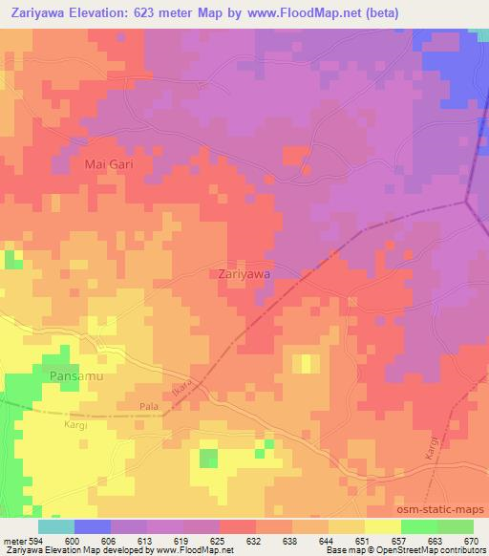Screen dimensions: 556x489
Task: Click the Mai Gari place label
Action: [108, 164]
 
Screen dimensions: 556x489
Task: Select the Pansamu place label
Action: [74, 376]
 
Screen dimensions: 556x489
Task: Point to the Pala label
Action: [149, 406]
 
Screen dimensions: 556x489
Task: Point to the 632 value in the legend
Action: [255, 541]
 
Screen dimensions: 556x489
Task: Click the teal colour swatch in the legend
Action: [56, 526]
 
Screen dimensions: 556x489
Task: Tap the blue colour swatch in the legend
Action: [93, 526]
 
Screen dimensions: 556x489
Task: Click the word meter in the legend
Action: [12, 541]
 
